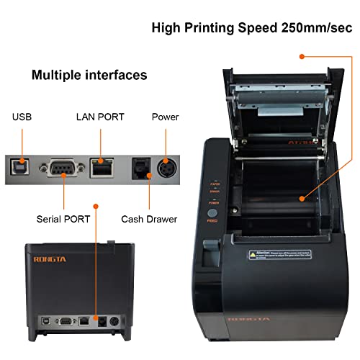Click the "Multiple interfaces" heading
point(89,75)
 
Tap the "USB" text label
point(22,117)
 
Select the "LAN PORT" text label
point(101,117)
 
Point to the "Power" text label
point(165,117)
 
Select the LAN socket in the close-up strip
point(102,168)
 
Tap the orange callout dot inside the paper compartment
point(300,196)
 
